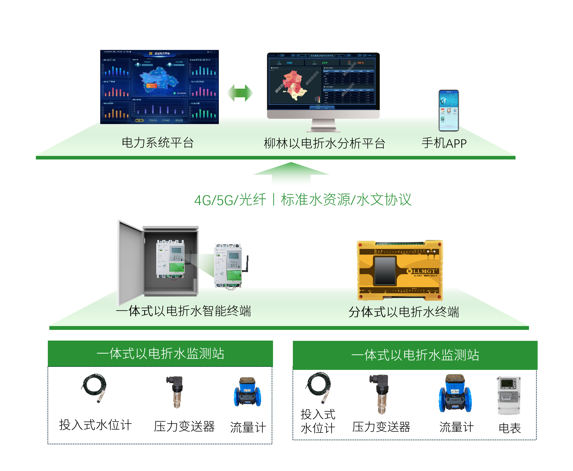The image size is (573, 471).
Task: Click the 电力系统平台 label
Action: click(x=158, y=143)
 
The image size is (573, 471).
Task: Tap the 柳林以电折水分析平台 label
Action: click(x=324, y=143)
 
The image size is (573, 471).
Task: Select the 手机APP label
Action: click(x=444, y=143)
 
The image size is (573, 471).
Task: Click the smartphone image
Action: click(x=449, y=110)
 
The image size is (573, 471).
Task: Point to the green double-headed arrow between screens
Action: click(x=240, y=93)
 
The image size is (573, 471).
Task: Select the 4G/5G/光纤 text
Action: click(x=230, y=200)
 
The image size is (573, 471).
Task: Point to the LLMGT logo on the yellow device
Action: click(x=424, y=271)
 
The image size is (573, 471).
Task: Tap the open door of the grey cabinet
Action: click(x=130, y=262)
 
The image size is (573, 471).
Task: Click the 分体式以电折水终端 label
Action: click(x=404, y=312)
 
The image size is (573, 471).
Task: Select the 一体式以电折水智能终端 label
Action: click(x=183, y=311)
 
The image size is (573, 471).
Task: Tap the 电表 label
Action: click(x=510, y=428)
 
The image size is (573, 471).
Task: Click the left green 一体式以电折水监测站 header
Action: click(x=160, y=354)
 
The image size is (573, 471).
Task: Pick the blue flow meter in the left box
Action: click(x=247, y=392)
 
